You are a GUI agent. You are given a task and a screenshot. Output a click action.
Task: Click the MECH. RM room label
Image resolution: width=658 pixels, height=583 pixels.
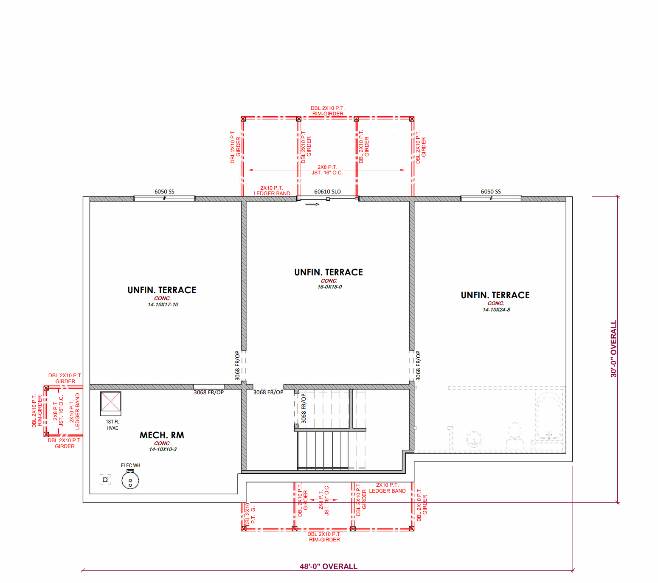click(x=162, y=435)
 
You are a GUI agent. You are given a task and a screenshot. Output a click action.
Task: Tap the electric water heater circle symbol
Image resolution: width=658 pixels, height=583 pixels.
click(x=130, y=480)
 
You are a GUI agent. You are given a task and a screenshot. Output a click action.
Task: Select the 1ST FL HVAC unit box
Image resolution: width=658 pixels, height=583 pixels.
click(x=110, y=404)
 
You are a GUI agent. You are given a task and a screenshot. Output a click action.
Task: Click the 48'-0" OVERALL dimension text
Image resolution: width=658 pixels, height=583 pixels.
click(x=328, y=566)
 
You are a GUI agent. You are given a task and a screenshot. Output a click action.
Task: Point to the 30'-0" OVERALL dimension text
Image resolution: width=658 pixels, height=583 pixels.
click(x=613, y=349)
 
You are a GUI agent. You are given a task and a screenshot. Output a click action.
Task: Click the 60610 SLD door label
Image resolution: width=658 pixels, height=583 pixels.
click(x=327, y=191)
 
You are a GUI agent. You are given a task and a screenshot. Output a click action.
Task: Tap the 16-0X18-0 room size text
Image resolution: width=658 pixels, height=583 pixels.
click(x=329, y=287)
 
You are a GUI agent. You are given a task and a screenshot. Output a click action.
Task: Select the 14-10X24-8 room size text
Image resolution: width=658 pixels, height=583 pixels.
click(x=496, y=310)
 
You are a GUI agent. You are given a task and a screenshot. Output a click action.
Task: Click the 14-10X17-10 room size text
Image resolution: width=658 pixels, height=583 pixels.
click(x=163, y=305)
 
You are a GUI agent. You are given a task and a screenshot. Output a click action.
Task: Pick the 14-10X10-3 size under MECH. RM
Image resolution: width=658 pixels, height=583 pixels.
click(x=163, y=449)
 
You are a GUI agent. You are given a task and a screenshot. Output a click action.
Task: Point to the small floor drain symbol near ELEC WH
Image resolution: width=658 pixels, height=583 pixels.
click(x=105, y=480)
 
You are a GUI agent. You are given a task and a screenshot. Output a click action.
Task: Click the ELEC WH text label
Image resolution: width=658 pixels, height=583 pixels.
click(x=131, y=465)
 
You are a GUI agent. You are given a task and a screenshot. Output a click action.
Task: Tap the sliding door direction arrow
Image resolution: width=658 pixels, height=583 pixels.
click(x=312, y=204)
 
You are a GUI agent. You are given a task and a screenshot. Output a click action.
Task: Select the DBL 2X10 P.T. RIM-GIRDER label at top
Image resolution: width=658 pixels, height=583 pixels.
click(x=327, y=111)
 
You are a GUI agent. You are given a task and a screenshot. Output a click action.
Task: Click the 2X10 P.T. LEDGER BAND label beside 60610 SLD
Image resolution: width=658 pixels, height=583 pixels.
click(x=272, y=191)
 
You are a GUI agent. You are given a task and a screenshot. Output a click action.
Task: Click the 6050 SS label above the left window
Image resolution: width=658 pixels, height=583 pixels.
click(x=164, y=191)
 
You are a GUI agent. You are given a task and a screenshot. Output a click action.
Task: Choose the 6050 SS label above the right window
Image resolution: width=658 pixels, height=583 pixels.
click(x=491, y=191)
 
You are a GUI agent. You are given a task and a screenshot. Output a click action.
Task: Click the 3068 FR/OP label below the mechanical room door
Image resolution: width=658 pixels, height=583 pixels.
click(x=208, y=392)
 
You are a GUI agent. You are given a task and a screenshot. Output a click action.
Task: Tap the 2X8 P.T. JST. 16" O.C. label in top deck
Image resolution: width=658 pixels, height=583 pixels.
click(x=327, y=170)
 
